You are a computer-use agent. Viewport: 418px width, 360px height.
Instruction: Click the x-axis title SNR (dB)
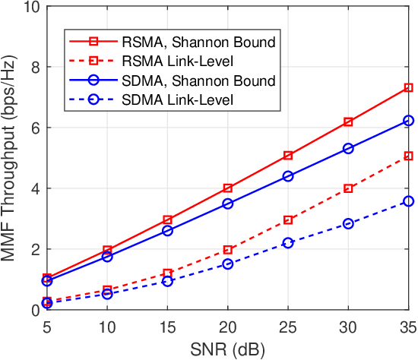228,349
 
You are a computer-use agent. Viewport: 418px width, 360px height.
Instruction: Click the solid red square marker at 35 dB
409,88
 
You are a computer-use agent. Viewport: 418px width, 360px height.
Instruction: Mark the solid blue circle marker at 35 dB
409,121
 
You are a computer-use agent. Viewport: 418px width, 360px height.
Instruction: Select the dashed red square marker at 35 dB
409,156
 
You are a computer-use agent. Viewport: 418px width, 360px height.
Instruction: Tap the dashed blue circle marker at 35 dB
409,201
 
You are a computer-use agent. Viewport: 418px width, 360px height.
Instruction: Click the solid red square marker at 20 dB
228,188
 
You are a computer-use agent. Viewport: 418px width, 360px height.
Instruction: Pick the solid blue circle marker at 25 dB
288,176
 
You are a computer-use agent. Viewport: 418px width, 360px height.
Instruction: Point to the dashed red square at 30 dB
348,188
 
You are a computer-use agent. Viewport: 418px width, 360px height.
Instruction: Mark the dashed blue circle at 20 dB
228,264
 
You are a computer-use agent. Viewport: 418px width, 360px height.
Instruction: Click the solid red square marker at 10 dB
107,250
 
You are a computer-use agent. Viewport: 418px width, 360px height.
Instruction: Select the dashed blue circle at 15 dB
168,281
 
